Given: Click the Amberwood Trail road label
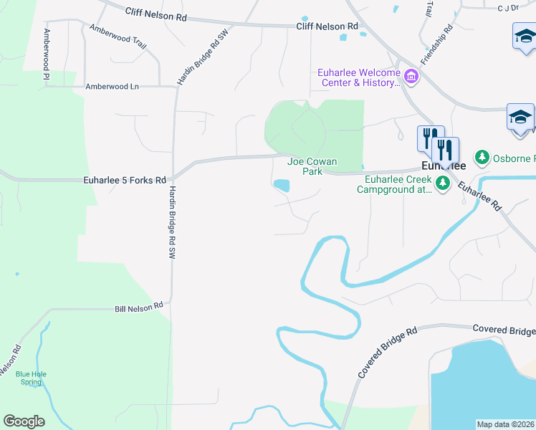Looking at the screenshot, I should (118, 37).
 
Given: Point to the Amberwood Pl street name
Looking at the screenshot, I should (47, 54).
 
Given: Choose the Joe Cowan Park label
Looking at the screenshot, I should (312, 167).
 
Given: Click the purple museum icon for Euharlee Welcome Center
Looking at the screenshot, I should (411, 75).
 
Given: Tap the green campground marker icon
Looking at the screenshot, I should (443, 184).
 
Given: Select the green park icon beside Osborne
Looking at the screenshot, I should (482, 157).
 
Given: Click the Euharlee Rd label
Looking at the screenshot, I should (479, 193).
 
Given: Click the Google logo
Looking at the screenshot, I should (24, 421).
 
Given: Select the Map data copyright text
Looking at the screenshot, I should (506, 424).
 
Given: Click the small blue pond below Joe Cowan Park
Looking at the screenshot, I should (282, 186).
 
